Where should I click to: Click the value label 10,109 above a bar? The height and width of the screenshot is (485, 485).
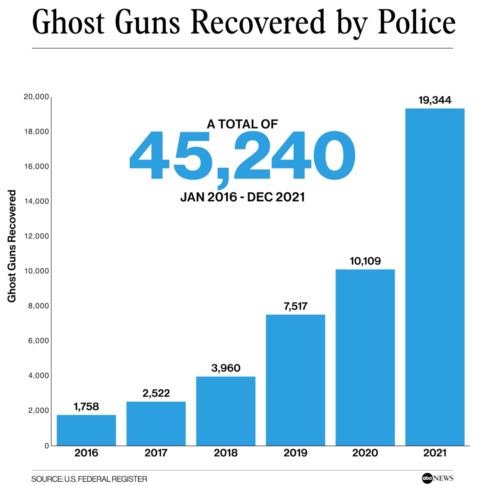click(x=365, y=261)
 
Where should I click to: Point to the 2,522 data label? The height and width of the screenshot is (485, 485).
click(x=156, y=393)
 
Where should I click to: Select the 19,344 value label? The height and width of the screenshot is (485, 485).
click(x=435, y=100)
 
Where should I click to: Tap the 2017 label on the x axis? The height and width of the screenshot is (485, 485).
click(x=156, y=453)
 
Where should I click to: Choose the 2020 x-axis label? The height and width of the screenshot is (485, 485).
click(x=365, y=453)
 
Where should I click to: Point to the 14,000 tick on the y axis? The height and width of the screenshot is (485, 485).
click(x=37, y=201)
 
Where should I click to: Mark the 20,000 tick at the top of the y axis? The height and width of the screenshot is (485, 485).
click(x=36, y=97)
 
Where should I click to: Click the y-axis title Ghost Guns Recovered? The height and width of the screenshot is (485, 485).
click(x=12, y=246)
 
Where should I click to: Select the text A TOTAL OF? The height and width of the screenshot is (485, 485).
click(x=242, y=124)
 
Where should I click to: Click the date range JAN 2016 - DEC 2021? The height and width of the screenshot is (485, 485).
click(x=242, y=197)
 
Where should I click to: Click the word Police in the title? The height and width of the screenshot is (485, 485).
click(x=417, y=23)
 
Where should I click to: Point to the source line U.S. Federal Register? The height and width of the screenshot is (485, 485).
click(x=89, y=479)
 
